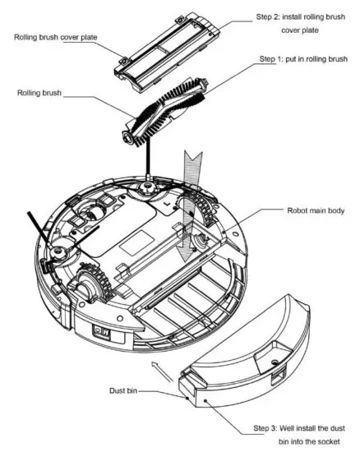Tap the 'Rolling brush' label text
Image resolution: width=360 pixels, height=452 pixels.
[x=40, y=92]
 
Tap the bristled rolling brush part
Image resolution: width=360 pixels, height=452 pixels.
[x=168, y=113]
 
